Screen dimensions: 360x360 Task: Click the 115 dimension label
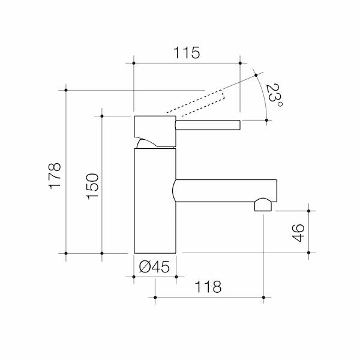(187, 53)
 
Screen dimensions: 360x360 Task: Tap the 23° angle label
(274, 95)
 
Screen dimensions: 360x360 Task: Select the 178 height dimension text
(55, 175)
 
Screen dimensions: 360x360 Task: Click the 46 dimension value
(299, 232)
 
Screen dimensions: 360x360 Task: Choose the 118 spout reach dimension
(208, 287)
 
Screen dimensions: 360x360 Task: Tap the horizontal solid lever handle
(207, 125)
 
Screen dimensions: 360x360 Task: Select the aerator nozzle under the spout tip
(263, 206)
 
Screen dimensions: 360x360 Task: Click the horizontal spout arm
(225, 191)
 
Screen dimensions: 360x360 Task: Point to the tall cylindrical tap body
(155, 201)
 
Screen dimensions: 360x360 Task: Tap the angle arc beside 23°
(264, 96)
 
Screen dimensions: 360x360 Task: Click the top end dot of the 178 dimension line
(65, 90)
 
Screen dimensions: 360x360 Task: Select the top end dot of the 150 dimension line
(103, 115)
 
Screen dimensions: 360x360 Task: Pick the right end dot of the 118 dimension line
(263, 296)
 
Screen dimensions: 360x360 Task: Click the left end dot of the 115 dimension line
(133, 62)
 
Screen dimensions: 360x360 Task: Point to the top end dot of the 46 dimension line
(308, 211)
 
